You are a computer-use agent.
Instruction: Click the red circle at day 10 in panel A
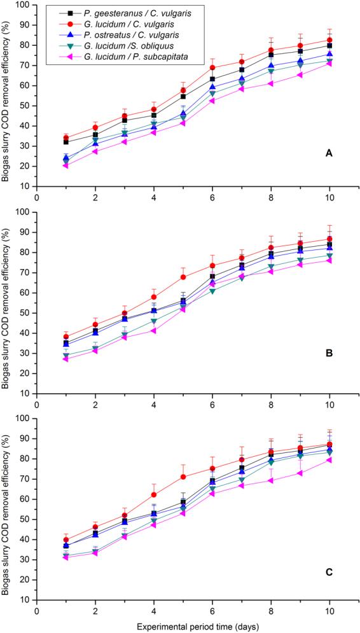[329, 40]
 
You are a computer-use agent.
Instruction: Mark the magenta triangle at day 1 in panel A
[66, 165]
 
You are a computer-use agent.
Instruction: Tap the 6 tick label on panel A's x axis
[212, 197]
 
